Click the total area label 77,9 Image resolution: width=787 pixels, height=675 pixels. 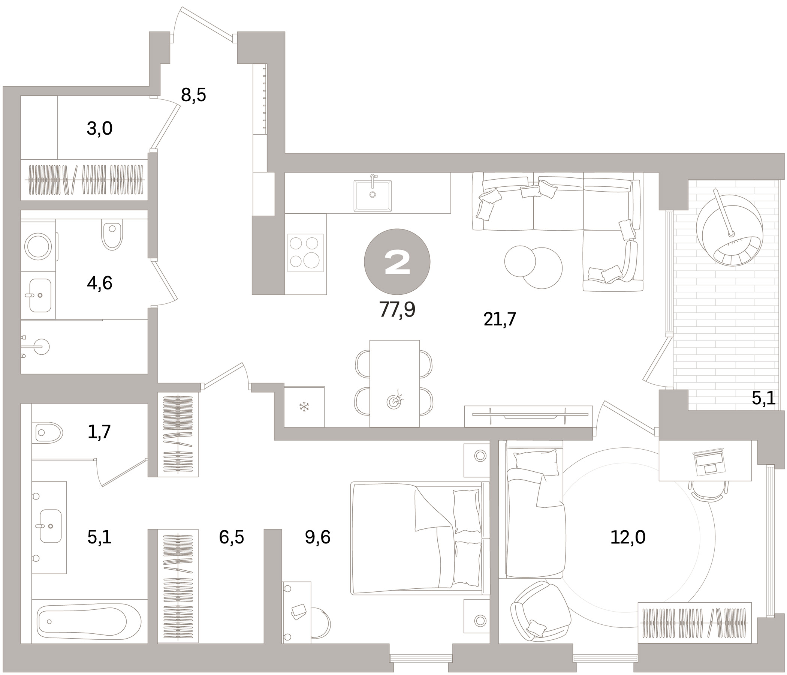pyautogui.click(x=397, y=310)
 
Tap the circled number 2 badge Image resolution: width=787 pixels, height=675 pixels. pyautogui.click(x=397, y=262)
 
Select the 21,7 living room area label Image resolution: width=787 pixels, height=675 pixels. pyautogui.click(x=500, y=319)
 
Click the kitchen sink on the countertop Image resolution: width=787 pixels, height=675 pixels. pyautogui.click(x=373, y=195)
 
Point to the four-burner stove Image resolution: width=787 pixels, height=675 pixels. pyautogui.click(x=305, y=252)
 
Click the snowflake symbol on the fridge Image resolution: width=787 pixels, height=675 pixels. pyautogui.click(x=304, y=407)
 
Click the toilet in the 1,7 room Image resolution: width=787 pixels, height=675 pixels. pyautogui.click(x=49, y=432)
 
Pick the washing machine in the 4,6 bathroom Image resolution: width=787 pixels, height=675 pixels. pyautogui.click(x=38, y=246)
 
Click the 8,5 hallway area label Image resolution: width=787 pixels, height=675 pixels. pyautogui.click(x=193, y=95)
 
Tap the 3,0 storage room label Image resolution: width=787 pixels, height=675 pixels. pyautogui.click(x=100, y=129)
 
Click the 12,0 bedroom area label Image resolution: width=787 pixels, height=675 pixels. pyautogui.click(x=627, y=537)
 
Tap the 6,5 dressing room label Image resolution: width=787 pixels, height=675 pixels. pyautogui.click(x=231, y=537)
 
